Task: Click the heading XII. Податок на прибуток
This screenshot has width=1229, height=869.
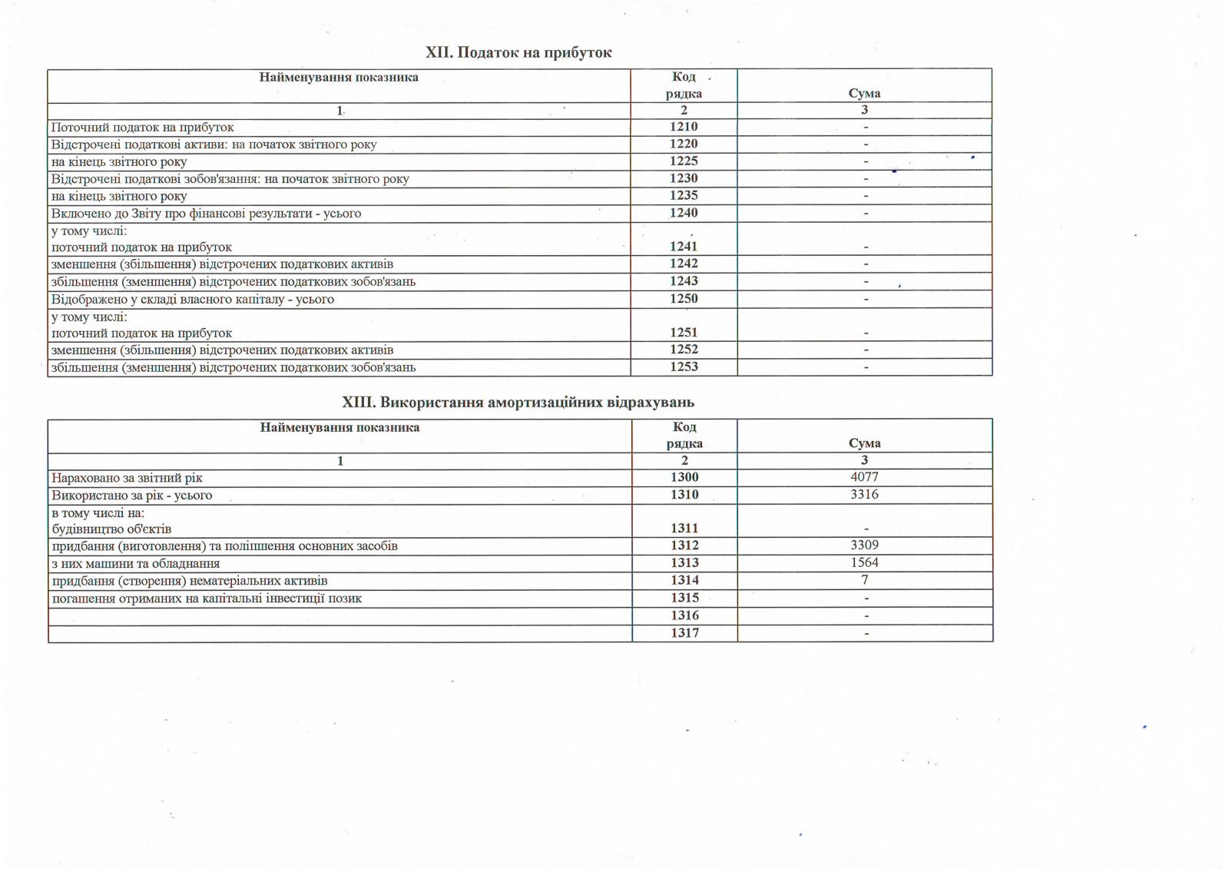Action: (518, 52)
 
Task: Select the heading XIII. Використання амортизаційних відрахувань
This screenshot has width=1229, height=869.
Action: (518, 402)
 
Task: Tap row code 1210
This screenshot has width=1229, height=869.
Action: (684, 127)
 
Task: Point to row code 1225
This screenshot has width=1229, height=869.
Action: (684, 161)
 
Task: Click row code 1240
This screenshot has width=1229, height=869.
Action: (684, 213)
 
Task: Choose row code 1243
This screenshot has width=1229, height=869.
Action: (684, 281)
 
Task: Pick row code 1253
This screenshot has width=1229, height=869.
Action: (684, 367)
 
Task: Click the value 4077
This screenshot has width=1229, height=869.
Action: (864, 477)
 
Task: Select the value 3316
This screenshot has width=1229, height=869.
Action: (864, 495)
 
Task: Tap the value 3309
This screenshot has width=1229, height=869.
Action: (864, 546)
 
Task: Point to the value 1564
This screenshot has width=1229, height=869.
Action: (864, 562)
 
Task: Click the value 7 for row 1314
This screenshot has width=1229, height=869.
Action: (864, 580)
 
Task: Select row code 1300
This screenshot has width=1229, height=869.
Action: (684, 477)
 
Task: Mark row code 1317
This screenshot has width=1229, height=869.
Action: (684, 633)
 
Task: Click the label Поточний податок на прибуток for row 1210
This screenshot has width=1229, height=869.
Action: (143, 128)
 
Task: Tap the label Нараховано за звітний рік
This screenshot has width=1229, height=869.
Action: (128, 478)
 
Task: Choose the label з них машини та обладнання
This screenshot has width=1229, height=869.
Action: (136, 563)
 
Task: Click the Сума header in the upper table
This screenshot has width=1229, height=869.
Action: (864, 93)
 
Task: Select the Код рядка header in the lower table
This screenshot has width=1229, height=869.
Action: (684, 435)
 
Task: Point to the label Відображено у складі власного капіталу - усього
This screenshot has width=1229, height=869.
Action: (193, 299)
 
